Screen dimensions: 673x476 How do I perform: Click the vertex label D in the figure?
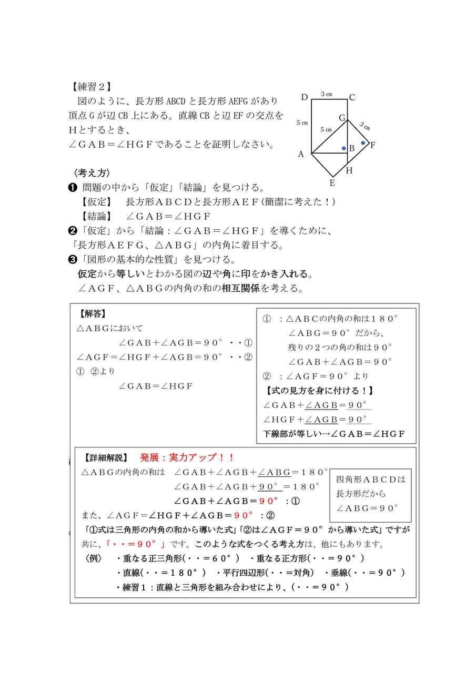304,97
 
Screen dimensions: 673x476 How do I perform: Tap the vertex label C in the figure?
352,97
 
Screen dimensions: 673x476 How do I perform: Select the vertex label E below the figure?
331,182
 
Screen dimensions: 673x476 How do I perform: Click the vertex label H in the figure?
349,170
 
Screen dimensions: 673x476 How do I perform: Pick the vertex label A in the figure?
301,154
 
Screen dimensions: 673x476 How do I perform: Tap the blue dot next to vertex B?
344,149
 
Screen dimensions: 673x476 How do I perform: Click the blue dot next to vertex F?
363,142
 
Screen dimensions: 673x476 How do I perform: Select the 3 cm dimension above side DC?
327,95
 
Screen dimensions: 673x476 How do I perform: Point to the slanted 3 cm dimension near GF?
365,126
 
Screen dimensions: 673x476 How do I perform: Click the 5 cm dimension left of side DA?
302,123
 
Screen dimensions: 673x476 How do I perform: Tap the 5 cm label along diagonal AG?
326,129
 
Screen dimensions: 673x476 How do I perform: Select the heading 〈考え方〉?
92,173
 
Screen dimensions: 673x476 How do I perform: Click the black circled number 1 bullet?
73,188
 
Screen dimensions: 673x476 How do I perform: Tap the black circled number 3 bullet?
73,260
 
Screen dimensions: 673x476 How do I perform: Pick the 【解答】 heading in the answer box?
93,314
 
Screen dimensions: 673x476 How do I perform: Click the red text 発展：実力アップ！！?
187,457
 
